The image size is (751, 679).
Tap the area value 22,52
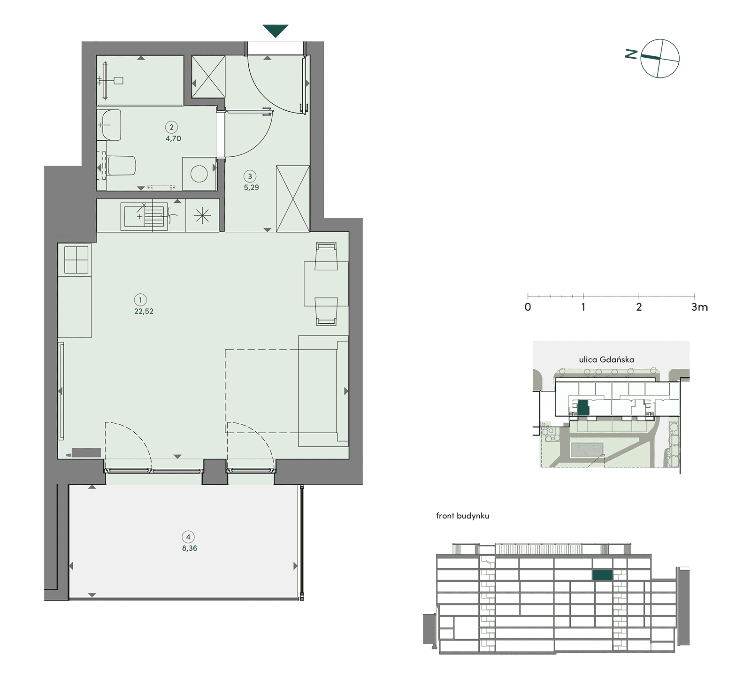(x=144, y=311)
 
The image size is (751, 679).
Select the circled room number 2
(x=171, y=127)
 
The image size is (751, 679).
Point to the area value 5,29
(x=251, y=187)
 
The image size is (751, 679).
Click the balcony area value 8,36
(x=190, y=548)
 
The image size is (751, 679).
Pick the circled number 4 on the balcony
(x=188, y=537)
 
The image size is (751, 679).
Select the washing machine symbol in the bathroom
(x=199, y=174)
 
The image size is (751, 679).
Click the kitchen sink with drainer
(x=145, y=216)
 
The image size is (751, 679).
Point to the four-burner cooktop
(x=77, y=259)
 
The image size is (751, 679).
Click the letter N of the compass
(x=631, y=54)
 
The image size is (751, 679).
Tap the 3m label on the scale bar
(x=699, y=307)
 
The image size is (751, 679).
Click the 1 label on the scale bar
(x=583, y=307)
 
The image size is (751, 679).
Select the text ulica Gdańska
(x=606, y=360)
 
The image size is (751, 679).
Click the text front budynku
(x=462, y=516)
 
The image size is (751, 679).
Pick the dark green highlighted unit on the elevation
(x=602, y=575)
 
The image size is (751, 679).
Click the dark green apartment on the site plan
(x=583, y=408)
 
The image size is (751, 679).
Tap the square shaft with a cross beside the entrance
(x=208, y=77)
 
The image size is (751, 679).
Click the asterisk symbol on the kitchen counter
(x=202, y=216)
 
